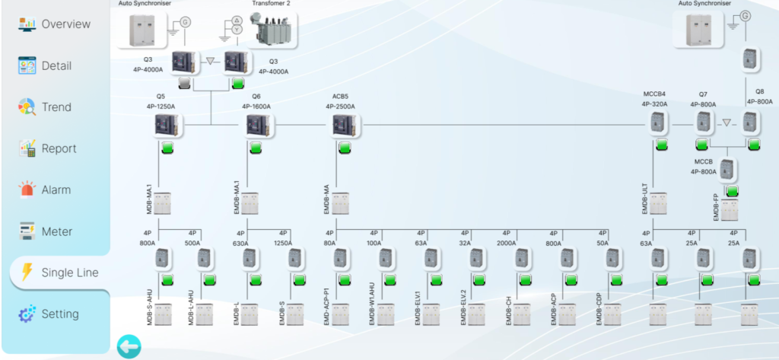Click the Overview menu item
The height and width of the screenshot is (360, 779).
55,24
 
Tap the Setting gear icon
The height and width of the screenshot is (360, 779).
27,314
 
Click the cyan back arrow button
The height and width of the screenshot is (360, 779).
128,347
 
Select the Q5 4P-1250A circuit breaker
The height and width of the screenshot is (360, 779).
167,125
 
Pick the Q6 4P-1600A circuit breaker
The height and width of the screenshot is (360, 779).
255,125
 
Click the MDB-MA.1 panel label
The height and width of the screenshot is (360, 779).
150,199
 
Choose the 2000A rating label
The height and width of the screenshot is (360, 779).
506,244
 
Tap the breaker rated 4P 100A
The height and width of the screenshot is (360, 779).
384,260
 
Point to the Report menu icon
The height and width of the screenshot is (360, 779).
27,148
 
